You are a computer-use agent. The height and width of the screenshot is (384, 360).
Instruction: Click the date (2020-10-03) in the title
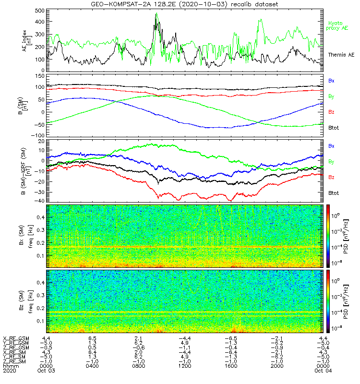click(x=202, y=4)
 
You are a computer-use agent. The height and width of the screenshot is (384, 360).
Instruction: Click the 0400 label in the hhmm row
click(x=93, y=365)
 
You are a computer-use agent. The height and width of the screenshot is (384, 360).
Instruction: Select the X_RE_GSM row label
click(x=16, y=338)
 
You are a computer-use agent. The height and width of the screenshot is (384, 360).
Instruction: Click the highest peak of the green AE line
click(x=156, y=13)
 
